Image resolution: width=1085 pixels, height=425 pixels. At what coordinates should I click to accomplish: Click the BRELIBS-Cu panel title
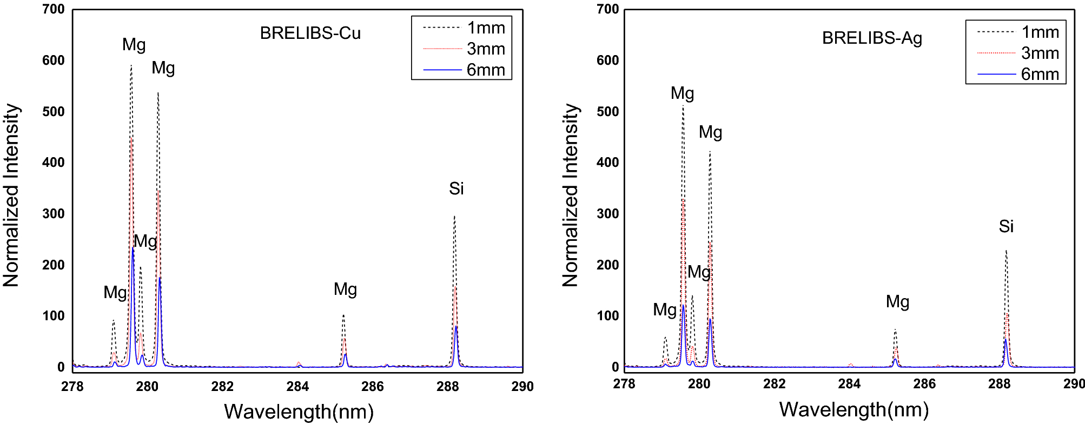tap(310, 33)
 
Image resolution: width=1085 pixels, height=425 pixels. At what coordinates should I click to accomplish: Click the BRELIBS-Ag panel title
tap(871, 38)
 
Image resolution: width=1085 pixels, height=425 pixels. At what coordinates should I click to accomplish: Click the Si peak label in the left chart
tap(456, 188)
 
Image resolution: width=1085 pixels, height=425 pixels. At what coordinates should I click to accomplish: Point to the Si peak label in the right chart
tap(1005, 226)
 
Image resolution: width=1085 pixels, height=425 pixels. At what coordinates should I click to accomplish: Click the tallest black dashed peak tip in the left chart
tap(131, 66)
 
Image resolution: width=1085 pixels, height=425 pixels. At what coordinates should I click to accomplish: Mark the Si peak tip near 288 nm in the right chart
tap(1006, 251)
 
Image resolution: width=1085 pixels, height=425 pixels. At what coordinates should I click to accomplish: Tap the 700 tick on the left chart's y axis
tap(54, 9)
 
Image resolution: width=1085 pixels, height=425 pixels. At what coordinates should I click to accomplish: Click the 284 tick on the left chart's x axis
tap(297, 386)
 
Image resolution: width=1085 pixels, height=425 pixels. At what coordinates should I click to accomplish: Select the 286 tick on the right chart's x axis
tap(924, 384)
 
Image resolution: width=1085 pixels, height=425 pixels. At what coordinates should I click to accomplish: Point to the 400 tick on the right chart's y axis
tap(607, 163)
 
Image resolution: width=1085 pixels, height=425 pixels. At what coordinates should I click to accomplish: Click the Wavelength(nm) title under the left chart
tap(299, 411)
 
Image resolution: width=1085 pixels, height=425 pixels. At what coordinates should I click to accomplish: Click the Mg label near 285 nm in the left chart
tap(345, 289)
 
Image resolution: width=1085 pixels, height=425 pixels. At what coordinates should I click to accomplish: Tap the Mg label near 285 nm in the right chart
tap(897, 302)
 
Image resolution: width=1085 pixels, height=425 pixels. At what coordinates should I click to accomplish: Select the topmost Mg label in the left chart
tap(134, 45)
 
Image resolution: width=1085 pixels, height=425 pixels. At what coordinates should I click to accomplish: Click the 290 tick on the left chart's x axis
tap(522, 386)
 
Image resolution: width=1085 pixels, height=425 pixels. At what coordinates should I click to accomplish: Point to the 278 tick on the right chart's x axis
tap(624, 384)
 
